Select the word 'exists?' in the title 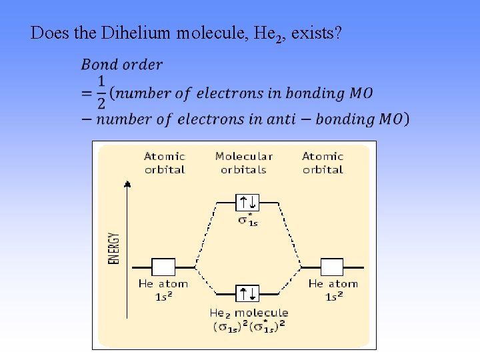(317, 33)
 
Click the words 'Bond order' (121, 65)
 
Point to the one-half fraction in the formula (101, 92)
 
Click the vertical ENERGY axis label (114, 249)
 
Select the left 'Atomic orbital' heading (164, 163)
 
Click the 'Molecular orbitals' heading (243, 163)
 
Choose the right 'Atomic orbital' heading (323, 163)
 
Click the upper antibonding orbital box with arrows (248, 201)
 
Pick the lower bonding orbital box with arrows (248, 293)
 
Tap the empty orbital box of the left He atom (163, 267)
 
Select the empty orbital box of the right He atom (331, 267)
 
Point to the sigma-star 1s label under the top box (248, 220)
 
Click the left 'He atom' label (163, 283)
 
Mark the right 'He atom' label (333, 283)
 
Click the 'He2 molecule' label (249, 313)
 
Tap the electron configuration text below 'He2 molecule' (249, 327)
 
